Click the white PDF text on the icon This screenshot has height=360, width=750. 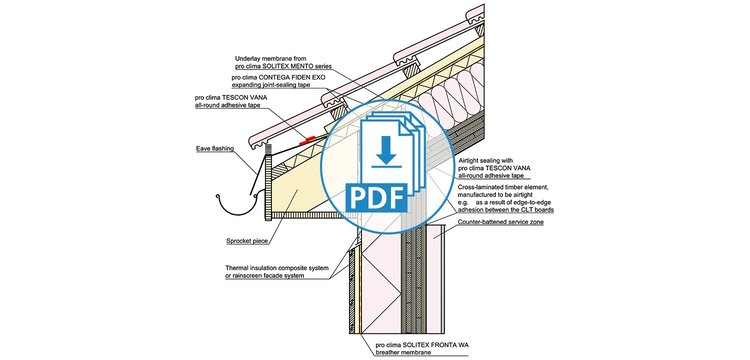click(376, 197)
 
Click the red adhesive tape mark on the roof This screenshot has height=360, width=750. click(307, 140)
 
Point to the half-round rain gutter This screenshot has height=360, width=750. click(238, 206)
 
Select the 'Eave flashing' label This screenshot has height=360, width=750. click(215, 149)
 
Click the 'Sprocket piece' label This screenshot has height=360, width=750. click(247, 241)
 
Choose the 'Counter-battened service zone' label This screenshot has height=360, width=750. click(500, 222)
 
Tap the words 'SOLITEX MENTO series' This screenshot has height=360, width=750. click(296, 66)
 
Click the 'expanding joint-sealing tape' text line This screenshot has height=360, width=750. click(271, 85)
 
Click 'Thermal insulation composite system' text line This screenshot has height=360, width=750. click(277, 268)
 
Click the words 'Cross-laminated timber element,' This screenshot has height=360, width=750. click(500, 188)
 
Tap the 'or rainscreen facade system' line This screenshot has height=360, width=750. click(264, 276)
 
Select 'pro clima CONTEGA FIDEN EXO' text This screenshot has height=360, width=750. click(272, 77)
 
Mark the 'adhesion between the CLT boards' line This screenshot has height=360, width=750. click(506, 210)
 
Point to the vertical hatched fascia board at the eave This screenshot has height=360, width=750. click(268, 187)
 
